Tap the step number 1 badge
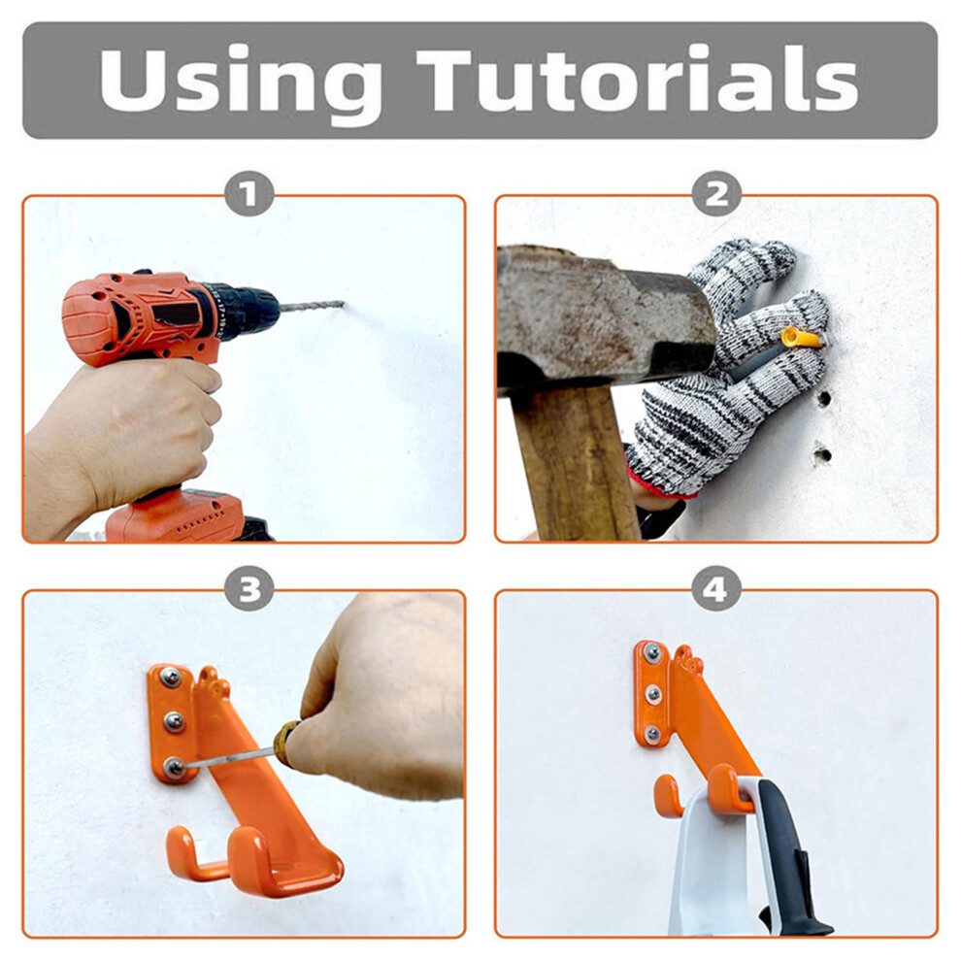pos(249,194)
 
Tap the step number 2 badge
pos(716,194)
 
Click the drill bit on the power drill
pos(312,305)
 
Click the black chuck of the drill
pos(242,312)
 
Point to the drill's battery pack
pos(183,516)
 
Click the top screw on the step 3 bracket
pos(170,678)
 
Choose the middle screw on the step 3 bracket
pos(174,722)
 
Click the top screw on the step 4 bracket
pos(651,653)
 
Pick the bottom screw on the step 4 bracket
pos(652,733)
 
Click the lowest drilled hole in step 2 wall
pos(821,454)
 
